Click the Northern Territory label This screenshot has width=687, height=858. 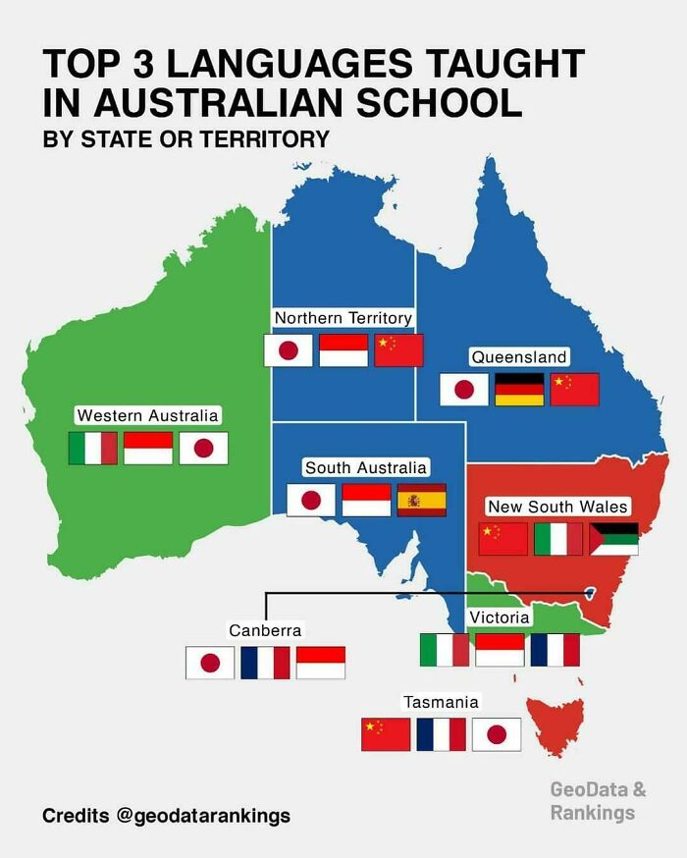click(x=343, y=318)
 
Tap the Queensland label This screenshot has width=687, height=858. click(x=518, y=357)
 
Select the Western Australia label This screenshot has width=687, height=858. click(x=147, y=416)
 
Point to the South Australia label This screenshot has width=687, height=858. click(x=365, y=468)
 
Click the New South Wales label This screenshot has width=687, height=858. click(x=557, y=507)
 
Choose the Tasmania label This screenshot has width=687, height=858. click(x=441, y=702)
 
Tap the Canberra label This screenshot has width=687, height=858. click(x=265, y=629)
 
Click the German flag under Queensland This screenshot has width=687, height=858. click(x=519, y=390)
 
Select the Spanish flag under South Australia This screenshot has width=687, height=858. click(x=421, y=500)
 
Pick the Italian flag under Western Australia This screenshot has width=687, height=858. click(x=92, y=449)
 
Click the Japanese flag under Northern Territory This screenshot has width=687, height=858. click(x=289, y=350)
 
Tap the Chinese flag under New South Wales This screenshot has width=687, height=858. click(x=502, y=539)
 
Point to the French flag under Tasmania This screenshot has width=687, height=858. click(x=441, y=734)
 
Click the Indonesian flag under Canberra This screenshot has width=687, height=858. click(x=321, y=663)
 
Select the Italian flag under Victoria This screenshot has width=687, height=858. click(x=444, y=650)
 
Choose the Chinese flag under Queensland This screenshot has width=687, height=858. click(x=574, y=390)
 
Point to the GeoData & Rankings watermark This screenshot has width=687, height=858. click(x=597, y=800)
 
